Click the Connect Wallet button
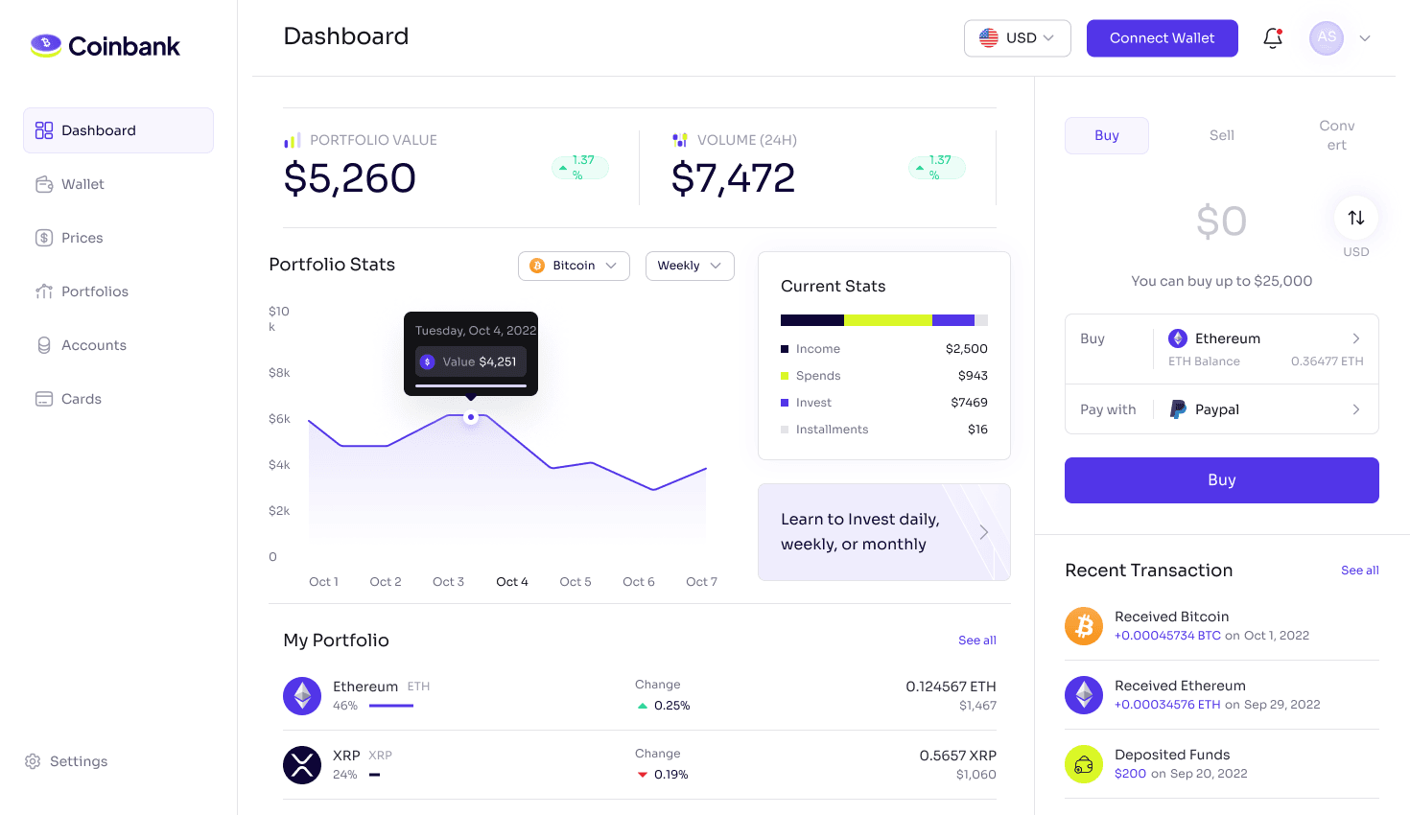pyautogui.click(x=1162, y=38)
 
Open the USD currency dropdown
pyautogui.click(x=1017, y=38)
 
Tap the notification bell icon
pyautogui.click(x=1273, y=38)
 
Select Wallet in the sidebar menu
pyautogui.click(x=82, y=184)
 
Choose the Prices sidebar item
pyautogui.click(x=82, y=238)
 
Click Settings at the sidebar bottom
pyautogui.click(x=78, y=761)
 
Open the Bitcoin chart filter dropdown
pyautogui.click(x=574, y=266)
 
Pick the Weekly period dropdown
pyautogui.click(x=689, y=266)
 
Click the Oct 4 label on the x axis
pyautogui.click(x=511, y=582)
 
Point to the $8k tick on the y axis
pyautogui.click(x=279, y=373)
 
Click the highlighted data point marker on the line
pyautogui.click(x=471, y=417)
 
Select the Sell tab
pyautogui.click(x=1221, y=135)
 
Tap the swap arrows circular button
pyautogui.click(x=1355, y=218)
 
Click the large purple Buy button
pyautogui.click(x=1221, y=480)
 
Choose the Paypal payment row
pyautogui.click(x=1221, y=409)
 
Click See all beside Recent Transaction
pyautogui.click(x=1359, y=570)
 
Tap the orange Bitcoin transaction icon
pyautogui.click(x=1084, y=626)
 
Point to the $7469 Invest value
pyautogui.click(x=969, y=403)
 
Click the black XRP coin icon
pyautogui.click(x=302, y=765)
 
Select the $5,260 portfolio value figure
pyautogui.click(x=350, y=178)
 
